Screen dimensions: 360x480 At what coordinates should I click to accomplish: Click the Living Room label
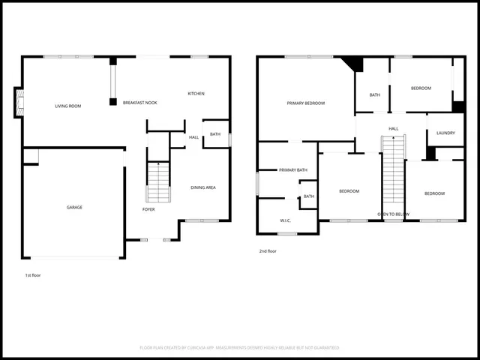[67, 106]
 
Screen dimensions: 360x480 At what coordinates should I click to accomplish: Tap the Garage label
[74, 207]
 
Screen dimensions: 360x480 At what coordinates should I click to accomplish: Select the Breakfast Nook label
[139, 102]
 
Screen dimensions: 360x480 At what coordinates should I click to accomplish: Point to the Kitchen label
[196, 94]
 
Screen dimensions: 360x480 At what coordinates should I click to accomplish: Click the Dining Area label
[202, 187]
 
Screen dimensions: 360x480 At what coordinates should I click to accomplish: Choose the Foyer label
[148, 209]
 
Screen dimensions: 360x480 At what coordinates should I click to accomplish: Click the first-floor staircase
[158, 184]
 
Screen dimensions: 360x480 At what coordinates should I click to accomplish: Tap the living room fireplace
[19, 103]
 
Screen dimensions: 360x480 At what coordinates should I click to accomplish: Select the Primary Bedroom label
[305, 103]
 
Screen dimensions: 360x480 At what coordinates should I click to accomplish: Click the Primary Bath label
[293, 170]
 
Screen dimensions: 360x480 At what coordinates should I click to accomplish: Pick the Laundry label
[445, 133]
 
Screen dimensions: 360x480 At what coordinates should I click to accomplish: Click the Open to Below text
[393, 214]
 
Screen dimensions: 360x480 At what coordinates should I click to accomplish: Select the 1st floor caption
[32, 275]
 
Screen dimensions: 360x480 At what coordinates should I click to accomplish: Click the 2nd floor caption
[268, 251]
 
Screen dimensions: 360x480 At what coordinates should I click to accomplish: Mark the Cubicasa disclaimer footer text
[239, 348]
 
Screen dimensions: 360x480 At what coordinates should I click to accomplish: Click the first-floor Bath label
[215, 134]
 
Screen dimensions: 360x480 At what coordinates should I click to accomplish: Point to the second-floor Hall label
[393, 129]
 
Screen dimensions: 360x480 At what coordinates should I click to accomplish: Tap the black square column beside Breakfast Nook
[112, 100]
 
